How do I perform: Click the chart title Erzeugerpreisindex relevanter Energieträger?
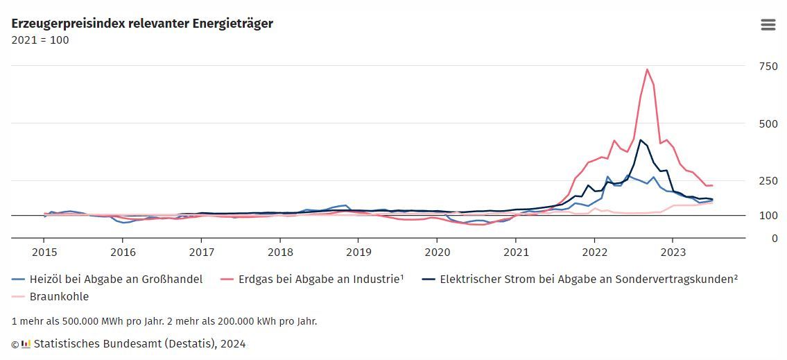pos(142,24)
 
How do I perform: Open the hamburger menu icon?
pos(768,24)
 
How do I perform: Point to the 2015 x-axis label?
pos(44,252)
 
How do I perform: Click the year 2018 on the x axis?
pos(280,252)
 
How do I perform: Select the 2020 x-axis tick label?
pos(437,252)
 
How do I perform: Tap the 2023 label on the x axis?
pos(673,252)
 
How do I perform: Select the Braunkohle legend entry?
pos(59,296)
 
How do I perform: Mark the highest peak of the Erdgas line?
pos(647,69)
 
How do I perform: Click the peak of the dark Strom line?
pos(641,140)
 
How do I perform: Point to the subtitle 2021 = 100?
pos(40,40)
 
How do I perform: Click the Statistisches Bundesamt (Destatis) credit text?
pos(139,343)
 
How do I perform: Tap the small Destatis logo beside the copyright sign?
pos(26,343)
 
